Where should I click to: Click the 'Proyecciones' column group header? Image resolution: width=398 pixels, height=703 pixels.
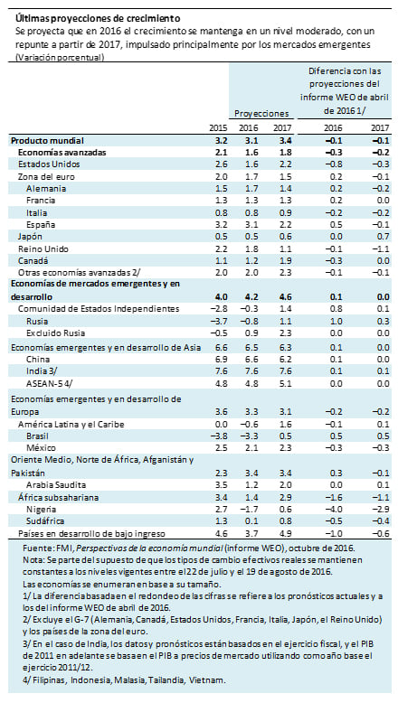262,115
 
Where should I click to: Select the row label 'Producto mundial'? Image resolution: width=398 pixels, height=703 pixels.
52,142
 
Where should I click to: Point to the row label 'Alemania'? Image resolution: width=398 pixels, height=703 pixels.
51,187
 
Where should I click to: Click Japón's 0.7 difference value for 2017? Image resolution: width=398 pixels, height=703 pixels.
382,234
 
